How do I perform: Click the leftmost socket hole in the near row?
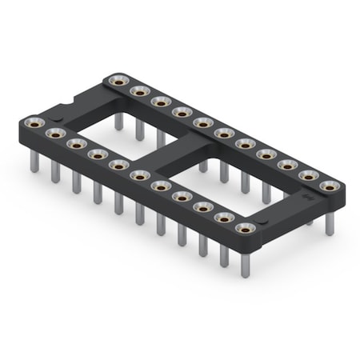[x=34, y=122]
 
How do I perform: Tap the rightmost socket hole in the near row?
[x=245, y=229]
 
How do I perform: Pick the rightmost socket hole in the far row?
[x=327, y=186]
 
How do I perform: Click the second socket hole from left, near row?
[x=55, y=133]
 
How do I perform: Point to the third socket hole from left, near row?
[x=76, y=143]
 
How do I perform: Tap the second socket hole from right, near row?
[x=223, y=218]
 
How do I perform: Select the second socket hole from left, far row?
[x=139, y=90]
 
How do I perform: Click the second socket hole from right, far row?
[x=307, y=175]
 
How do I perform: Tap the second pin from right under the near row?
[x=223, y=246]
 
